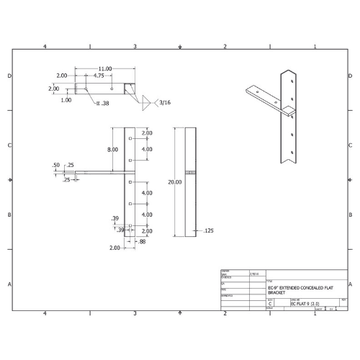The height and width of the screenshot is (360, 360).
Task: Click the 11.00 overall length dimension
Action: pos(105,68)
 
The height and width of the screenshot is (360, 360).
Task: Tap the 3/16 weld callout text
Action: pos(165,102)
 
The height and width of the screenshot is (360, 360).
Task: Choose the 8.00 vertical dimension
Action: pos(113,149)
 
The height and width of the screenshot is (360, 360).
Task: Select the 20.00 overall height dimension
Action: pos(175,182)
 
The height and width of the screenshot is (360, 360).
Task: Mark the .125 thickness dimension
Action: pos(209,230)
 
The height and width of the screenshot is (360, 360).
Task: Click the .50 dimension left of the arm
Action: pos(56,165)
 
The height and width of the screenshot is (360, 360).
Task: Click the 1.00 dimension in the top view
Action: pos(66,100)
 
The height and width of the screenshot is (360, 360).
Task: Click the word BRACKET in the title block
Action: pos(277,293)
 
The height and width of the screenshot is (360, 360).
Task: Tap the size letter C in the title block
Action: pos(270,305)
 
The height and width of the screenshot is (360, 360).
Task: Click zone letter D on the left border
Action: pos(9,76)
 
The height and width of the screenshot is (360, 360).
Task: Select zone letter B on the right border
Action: pos(351,215)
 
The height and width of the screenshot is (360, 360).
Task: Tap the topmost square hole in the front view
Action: pos(130,138)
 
